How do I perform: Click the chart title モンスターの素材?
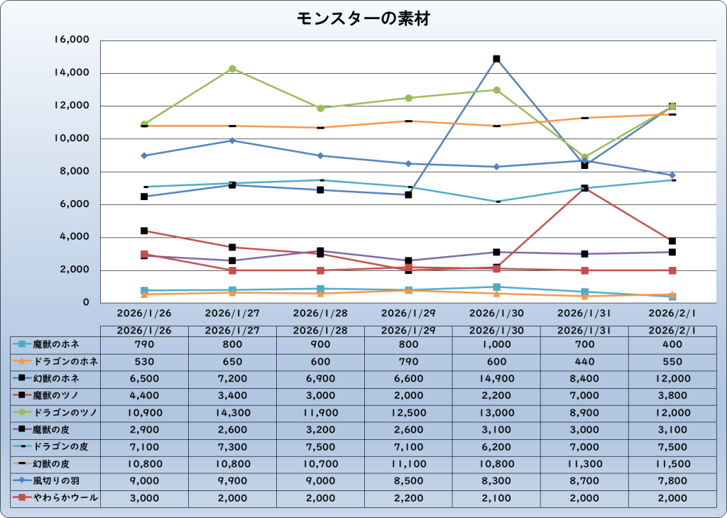(x=363, y=18)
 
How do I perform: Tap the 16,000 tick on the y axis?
(x=71, y=40)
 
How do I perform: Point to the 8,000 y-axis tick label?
(x=75, y=172)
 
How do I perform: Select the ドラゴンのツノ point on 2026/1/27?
(x=232, y=69)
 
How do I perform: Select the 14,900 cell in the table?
(x=497, y=378)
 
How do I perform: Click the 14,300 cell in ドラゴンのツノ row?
(x=232, y=413)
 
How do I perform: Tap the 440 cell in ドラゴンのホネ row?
(x=585, y=361)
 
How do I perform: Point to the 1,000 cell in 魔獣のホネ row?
(x=497, y=344)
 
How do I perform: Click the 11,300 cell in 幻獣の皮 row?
(x=585, y=464)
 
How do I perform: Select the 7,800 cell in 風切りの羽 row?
(x=672, y=481)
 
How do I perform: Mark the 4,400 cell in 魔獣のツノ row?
(x=144, y=395)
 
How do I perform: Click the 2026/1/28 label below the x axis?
(x=320, y=312)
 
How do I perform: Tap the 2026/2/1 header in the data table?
(x=672, y=330)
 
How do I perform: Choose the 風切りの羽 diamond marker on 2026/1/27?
(x=232, y=140)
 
